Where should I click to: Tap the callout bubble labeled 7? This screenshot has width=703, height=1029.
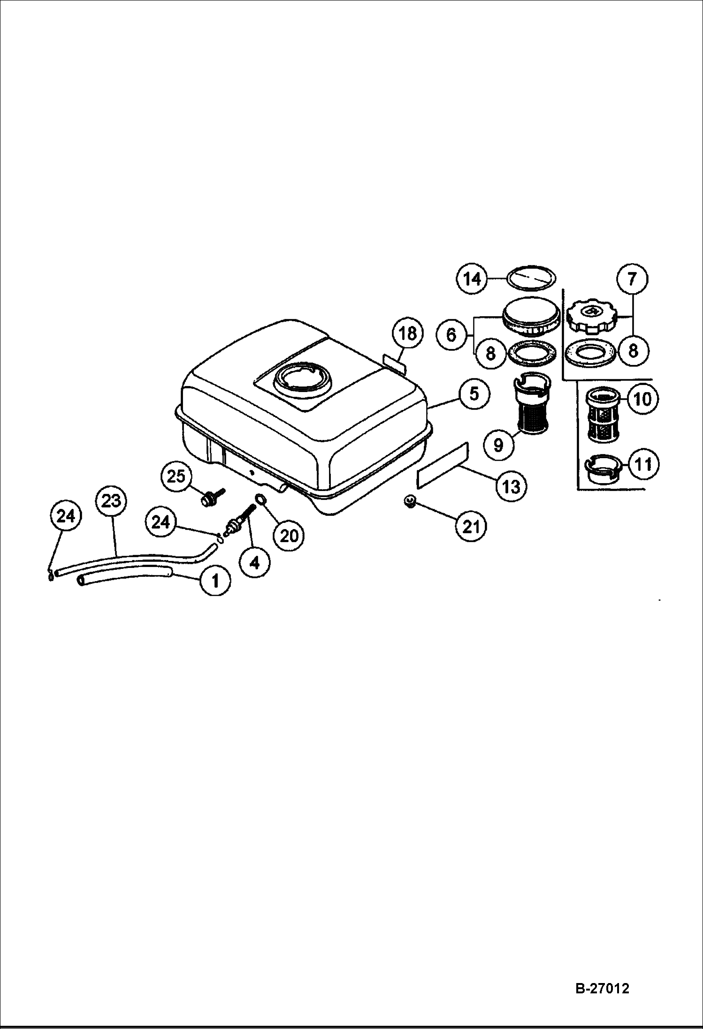[632, 279]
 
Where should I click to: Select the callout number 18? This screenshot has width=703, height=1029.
[407, 333]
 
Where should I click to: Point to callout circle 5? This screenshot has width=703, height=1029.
[474, 393]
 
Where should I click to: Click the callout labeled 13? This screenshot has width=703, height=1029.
[511, 486]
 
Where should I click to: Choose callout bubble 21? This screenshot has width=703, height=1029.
[471, 526]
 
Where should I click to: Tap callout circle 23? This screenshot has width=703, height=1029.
[111, 501]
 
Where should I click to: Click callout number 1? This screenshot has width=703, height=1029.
[215, 581]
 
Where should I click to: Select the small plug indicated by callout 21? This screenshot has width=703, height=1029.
[409, 502]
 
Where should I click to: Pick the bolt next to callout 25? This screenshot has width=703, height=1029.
[212, 497]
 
